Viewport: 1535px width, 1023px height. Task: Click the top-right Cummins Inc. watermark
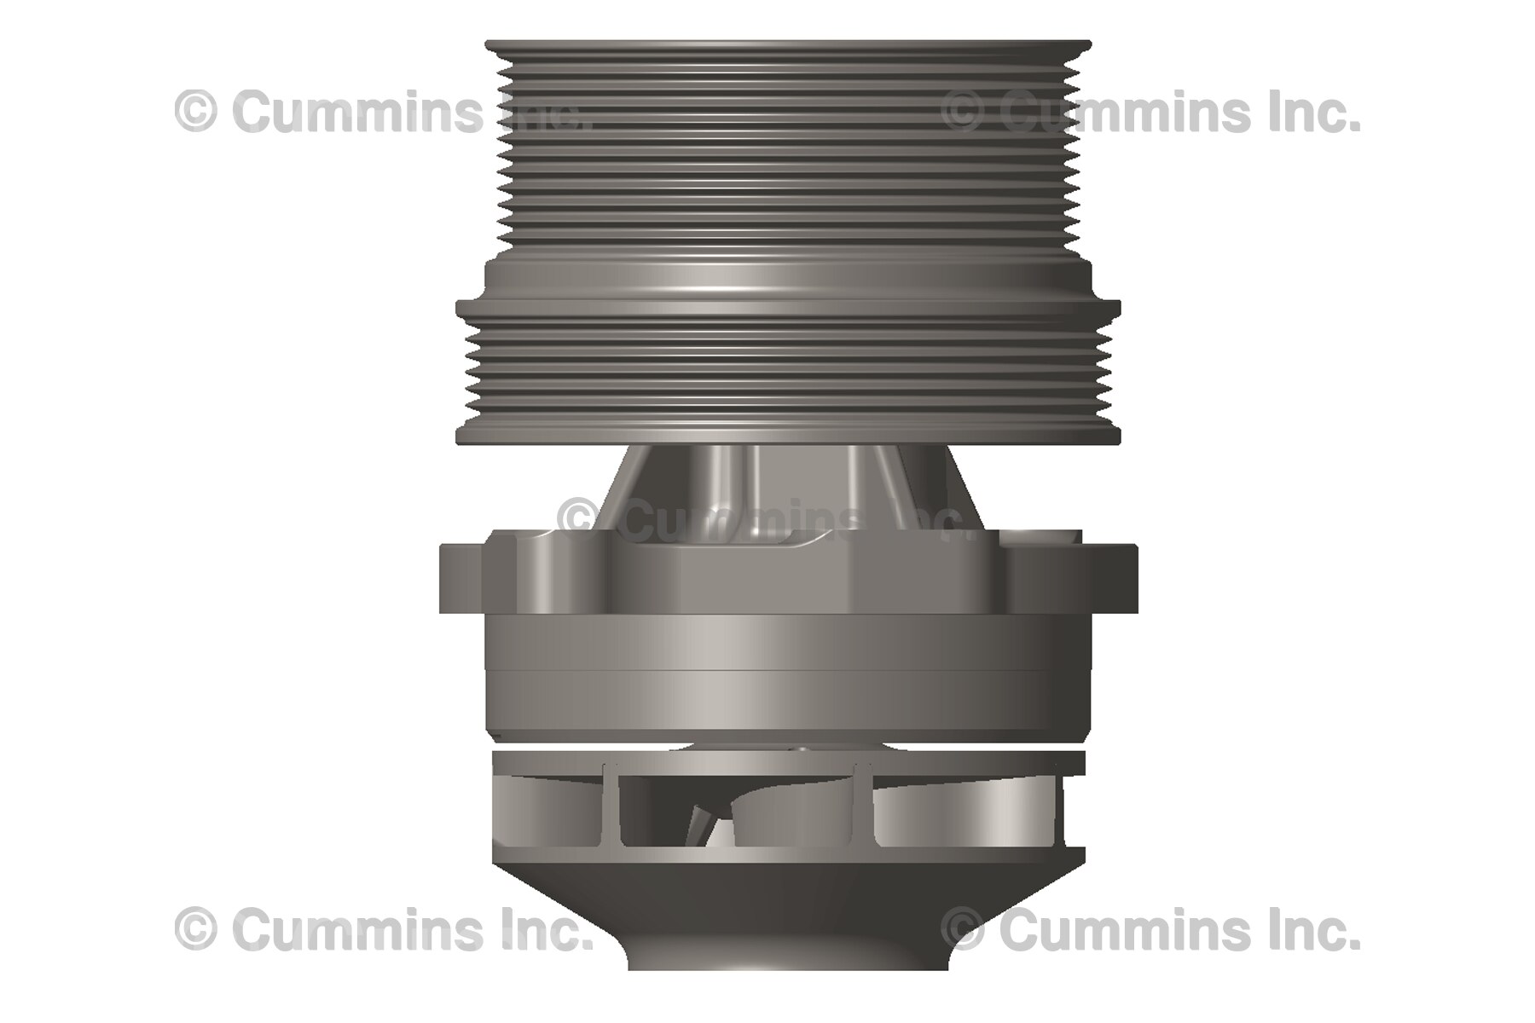(1150, 113)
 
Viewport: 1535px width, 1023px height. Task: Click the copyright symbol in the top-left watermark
(196, 113)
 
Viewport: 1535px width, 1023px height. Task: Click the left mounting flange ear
(460, 578)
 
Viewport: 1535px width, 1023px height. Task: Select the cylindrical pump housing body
(789, 673)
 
